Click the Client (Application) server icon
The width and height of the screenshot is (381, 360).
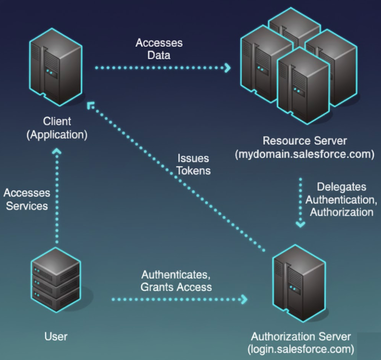pos(56,67)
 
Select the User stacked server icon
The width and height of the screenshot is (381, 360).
pos(56,280)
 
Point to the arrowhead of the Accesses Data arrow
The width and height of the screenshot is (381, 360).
pos(227,68)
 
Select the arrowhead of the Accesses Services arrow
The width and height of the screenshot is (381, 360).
pos(57,151)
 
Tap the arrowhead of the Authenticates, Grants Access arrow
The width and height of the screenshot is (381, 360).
pos(244,299)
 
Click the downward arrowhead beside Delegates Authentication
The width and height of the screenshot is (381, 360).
pos(300,224)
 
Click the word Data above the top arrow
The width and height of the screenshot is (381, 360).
pos(159,55)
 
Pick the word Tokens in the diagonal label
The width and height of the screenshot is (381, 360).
pos(193,171)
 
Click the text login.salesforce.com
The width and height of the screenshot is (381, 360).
pos(301,349)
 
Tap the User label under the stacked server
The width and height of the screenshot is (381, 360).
pos(56,336)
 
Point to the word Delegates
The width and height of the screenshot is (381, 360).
pos(341,187)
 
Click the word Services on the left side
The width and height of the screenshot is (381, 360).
pos(27,206)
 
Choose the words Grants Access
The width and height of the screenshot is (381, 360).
pos(176,287)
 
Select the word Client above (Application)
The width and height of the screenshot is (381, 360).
pos(57,121)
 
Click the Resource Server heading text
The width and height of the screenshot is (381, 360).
pos(304,141)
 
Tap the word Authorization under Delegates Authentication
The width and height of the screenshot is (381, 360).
pos(341,212)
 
